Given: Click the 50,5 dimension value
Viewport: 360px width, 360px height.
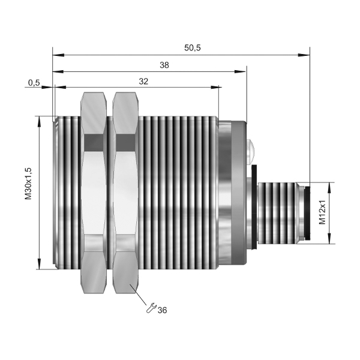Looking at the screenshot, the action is click(193, 48).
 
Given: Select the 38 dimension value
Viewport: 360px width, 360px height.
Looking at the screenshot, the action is click(164, 65).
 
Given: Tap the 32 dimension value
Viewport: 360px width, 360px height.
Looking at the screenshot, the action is click(143, 81).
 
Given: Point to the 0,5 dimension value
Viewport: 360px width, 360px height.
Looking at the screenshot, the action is click(34, 83).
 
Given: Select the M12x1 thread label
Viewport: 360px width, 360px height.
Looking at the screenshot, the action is click(323, 212).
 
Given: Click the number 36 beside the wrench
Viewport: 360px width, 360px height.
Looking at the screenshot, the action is click(163, 310).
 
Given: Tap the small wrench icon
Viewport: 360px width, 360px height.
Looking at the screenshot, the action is click(151, 308).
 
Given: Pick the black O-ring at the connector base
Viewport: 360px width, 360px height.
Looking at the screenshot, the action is click(254, 206).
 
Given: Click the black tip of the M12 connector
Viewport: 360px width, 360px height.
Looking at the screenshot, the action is click(307, 213).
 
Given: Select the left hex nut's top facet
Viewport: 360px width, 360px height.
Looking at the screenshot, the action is click(94, 113).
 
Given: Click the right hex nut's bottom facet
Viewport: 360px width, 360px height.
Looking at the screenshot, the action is click(125, 272).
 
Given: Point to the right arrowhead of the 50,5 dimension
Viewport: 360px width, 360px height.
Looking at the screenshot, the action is click(304, 55).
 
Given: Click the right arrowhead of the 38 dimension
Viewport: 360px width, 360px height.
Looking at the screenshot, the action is click(241, 72).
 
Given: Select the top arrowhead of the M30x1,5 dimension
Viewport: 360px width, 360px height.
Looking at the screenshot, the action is click(40, 122).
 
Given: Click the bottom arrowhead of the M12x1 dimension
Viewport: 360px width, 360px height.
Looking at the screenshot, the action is click(329, 238).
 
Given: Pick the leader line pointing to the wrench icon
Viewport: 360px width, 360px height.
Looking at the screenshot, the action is click(139, 295).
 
